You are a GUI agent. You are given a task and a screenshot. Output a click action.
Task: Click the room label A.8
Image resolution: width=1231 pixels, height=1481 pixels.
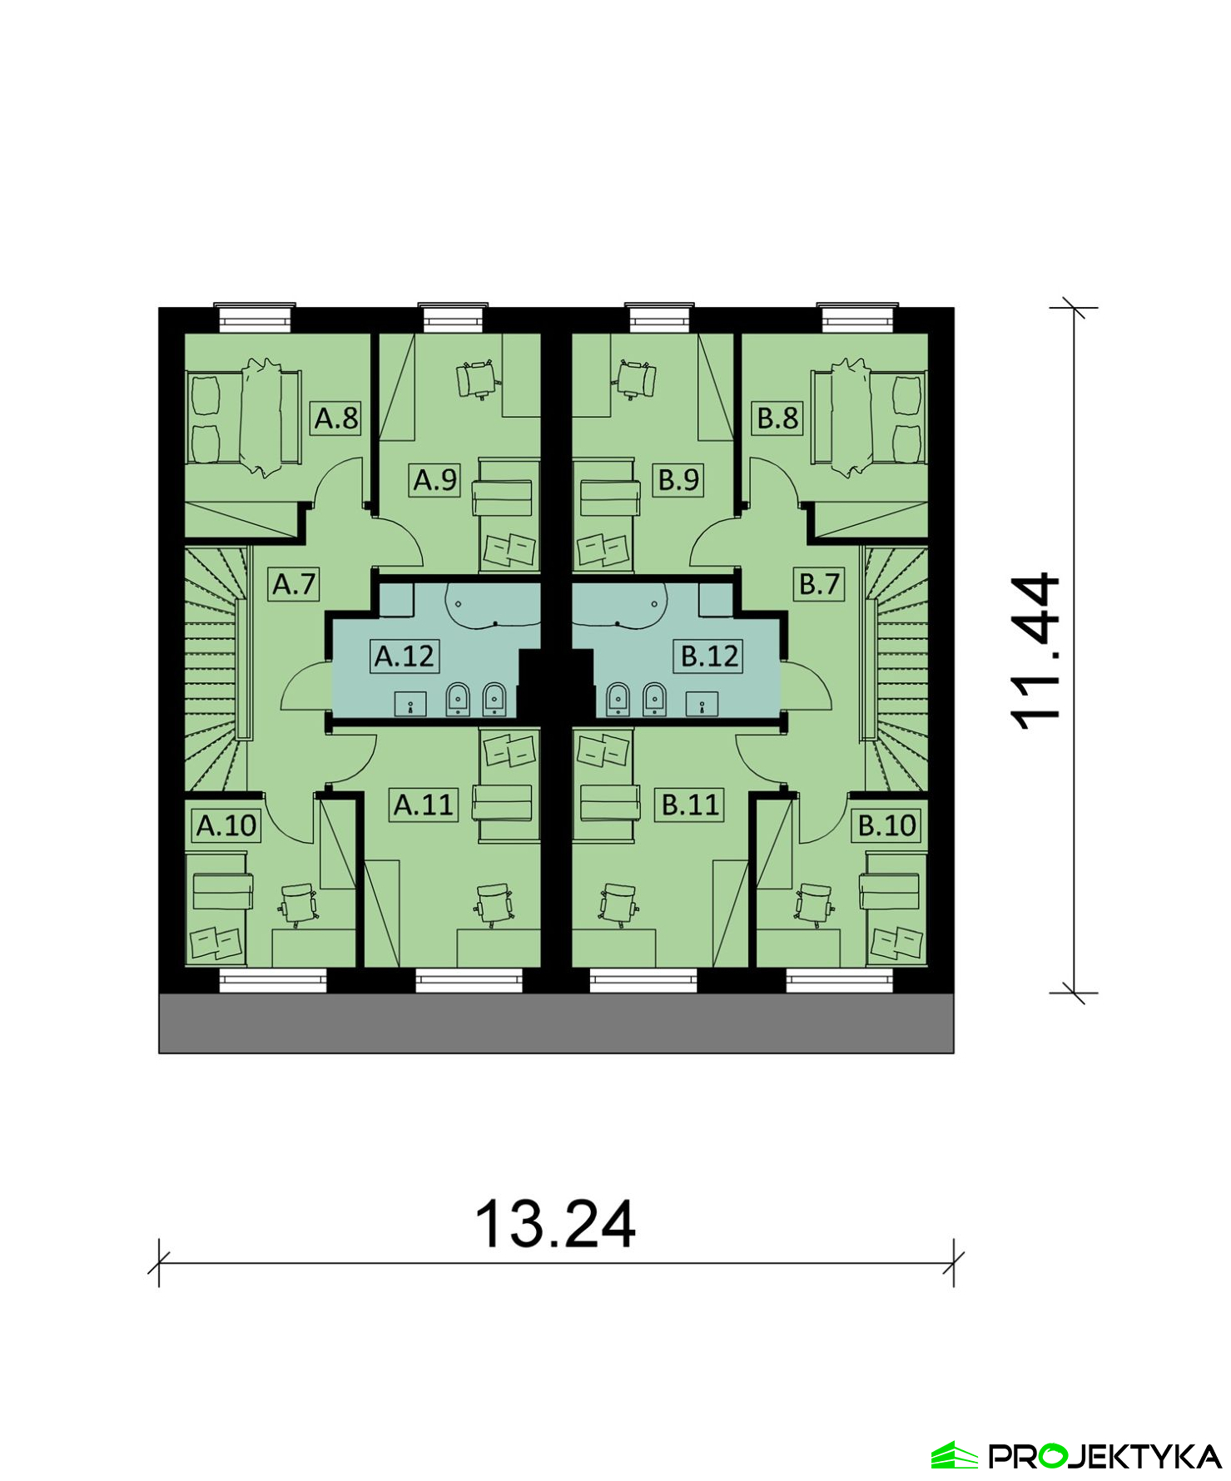(x=336, y=418)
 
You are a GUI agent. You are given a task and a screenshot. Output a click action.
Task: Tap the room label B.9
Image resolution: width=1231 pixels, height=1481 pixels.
(x=679, y=480)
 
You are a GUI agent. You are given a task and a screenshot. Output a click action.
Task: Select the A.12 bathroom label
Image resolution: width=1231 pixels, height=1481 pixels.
(x=405, y=656)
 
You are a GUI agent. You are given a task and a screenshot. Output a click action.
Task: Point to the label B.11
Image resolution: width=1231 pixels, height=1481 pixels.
(x=690, y=805)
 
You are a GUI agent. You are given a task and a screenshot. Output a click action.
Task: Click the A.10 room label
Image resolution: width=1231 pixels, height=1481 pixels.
(x=226, y=825)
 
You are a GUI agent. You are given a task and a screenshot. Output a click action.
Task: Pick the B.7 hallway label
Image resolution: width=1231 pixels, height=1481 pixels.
(x=820, y=584)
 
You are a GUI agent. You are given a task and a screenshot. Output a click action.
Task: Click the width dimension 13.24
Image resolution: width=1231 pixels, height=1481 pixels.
(x=555, y=1224)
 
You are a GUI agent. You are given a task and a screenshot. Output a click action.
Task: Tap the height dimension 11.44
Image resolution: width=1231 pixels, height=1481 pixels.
(x=1035, y=651)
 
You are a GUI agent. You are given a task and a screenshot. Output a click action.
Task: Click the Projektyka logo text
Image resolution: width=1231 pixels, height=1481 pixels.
(x=1104, y=1456)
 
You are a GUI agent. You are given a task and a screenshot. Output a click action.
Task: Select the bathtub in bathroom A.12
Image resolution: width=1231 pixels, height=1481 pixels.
(x=493, y=605)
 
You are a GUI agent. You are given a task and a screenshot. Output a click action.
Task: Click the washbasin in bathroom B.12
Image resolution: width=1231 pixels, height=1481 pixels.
(x=702, y=704)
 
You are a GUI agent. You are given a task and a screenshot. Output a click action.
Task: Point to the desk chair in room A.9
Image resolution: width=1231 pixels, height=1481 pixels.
(x=478, y=379)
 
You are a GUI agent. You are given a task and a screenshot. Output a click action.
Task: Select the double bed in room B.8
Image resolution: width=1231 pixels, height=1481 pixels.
(x=867, y=417)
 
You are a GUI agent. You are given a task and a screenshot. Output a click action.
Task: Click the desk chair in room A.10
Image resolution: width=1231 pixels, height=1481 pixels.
(x=298, y=904)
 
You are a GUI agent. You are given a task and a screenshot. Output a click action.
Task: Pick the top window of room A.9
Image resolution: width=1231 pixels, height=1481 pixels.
(x=452, y=318)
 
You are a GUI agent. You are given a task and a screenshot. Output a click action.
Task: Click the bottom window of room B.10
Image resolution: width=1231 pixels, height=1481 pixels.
(x=839, y=981)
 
